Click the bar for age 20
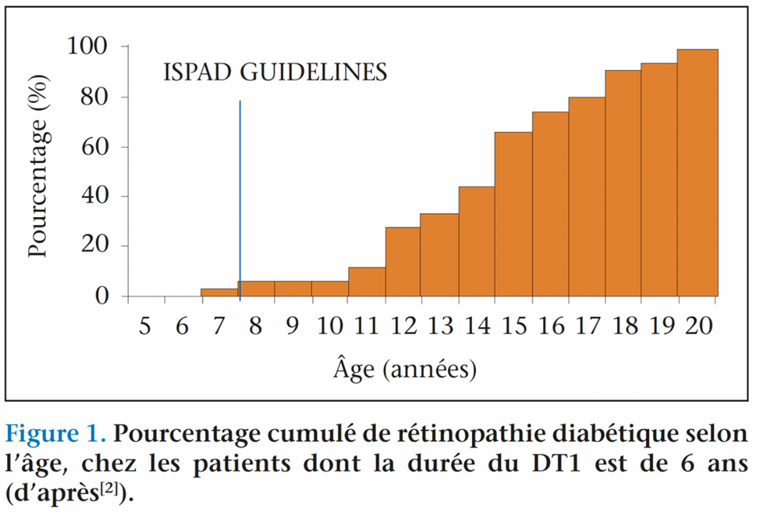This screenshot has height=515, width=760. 697,173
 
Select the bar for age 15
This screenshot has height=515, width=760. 513,214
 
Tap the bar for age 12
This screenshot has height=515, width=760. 403,262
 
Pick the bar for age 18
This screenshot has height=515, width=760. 623,183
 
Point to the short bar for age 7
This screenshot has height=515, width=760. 220,292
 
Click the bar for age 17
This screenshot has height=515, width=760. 586,197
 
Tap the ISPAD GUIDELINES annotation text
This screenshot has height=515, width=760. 275,72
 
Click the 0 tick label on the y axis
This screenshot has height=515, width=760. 101,296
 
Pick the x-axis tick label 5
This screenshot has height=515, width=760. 145,326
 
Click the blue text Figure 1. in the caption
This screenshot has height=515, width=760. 55,434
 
